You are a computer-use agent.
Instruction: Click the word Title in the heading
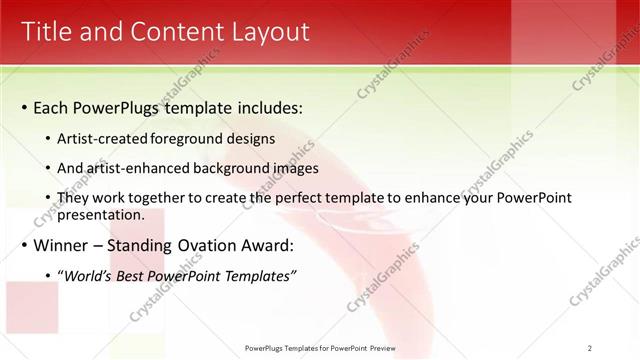(x=50, y=32)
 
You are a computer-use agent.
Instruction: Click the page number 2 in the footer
(x=589, y=348)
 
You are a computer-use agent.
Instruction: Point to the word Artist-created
(x=100, y=140)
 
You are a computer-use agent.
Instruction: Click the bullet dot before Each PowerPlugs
(x=25, y=108)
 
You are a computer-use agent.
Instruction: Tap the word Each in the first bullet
(x=51, y=108)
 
